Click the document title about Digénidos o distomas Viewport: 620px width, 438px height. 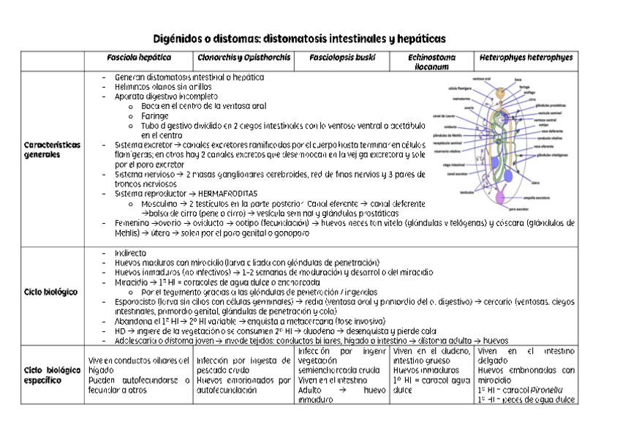coord(298,37)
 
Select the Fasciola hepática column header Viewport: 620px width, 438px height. coord(139,58)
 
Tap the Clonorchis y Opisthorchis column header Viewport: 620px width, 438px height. coord(243,58)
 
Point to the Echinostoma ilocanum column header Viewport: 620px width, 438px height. coord(431,61)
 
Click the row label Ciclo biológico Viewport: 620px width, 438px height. coord(51,292)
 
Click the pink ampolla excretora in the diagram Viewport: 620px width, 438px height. coord(500,197)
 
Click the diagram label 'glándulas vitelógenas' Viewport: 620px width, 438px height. coord(553,155)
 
